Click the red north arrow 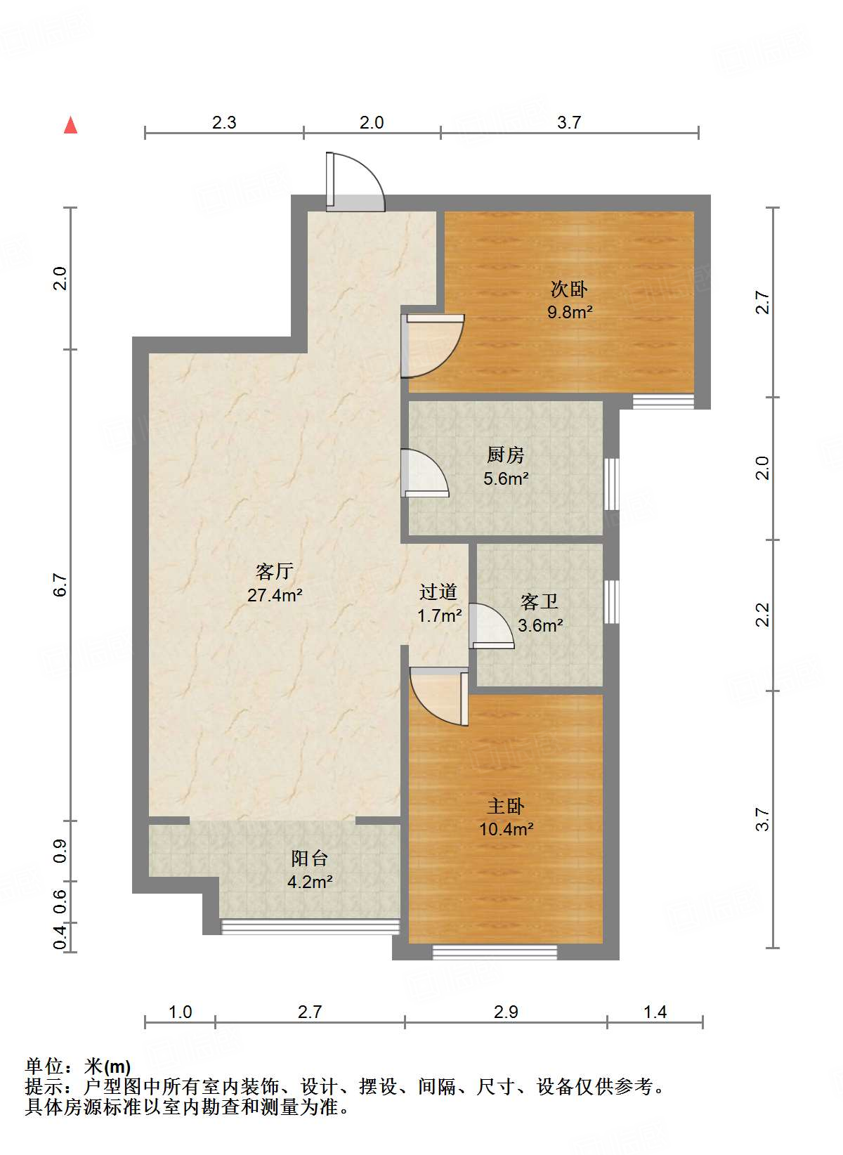click(x=70, y=125)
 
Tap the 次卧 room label click(x=569, y=289)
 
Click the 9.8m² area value click(x=570, y=312)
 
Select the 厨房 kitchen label click(x=505, y=455)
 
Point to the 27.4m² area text click(x=275, y=595)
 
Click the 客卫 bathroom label click(x=540, y=602)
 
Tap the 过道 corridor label click(x=438, y=592)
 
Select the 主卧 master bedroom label click(x=506, y=806)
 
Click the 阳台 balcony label click(x=310, y=858)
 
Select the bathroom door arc click(x=492, y=625)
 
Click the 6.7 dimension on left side click(x=61, y=585)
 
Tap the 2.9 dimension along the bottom click(x=506, y=1012)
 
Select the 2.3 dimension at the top click(x=224, y=122)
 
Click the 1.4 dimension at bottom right click(x=655, y=1012)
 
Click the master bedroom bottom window click(x=495, y=952)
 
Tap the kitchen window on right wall click(x=612, y=483)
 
